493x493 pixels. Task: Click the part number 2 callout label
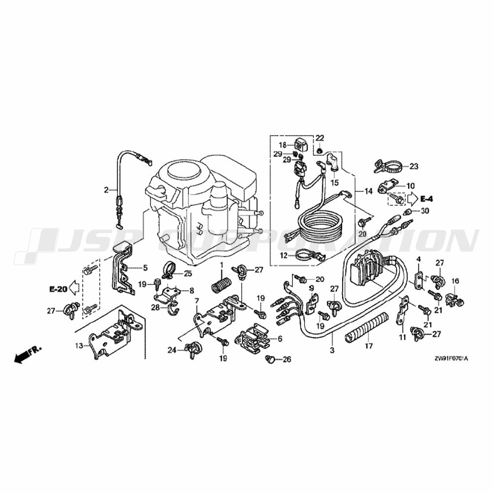(x=106, y=190)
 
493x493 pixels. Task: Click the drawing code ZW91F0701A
(x=451, y=359)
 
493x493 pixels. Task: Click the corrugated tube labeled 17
(x=368, y=327)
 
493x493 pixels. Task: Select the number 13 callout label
(x=78, y=346)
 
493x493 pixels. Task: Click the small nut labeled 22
(x=319, y=151)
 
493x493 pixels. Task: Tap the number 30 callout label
(x=425, y=211)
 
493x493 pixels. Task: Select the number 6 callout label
(x=280, y=339)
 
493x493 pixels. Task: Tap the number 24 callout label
(x=172, y=350)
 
